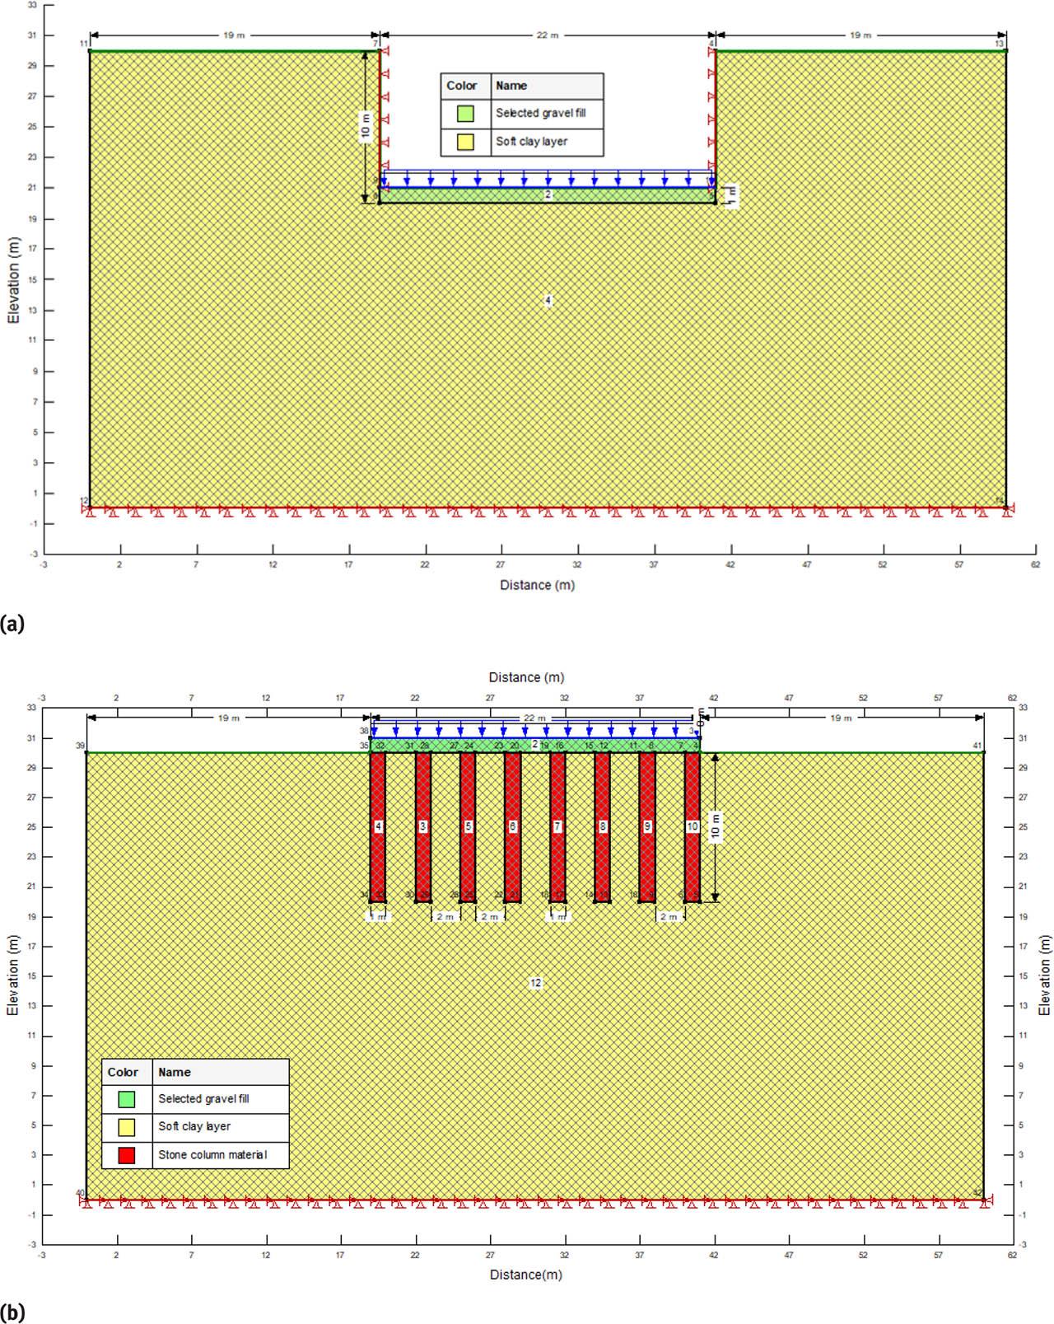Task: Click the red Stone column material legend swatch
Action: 126,1154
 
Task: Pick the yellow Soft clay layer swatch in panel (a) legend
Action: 465,142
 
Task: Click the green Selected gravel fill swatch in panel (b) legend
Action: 126,1098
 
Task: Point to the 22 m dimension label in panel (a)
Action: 548,35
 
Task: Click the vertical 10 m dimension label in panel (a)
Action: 366,128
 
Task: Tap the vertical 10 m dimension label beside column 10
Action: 716,826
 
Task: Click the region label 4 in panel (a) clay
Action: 548,301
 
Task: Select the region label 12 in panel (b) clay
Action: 536,983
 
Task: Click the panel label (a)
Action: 12,624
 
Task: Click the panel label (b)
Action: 12,1312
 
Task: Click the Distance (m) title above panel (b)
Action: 526,677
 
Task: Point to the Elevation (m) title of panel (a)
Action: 14,280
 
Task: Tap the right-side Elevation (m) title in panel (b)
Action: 1044,975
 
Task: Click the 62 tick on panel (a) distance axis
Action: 1035,564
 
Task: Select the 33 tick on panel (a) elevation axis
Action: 31,5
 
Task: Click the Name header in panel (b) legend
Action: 174,1072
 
